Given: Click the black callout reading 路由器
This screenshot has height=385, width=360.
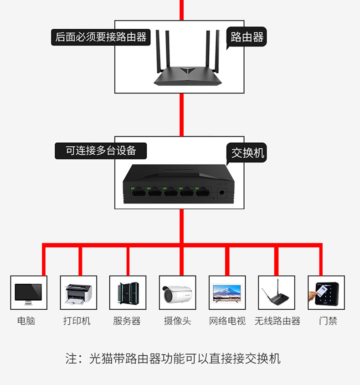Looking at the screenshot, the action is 246,37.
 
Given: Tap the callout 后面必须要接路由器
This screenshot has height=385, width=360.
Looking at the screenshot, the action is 101,37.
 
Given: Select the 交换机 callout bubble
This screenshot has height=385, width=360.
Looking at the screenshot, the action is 247,153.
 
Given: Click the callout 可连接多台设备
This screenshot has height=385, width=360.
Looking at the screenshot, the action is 101,151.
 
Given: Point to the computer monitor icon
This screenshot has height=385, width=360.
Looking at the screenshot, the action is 28,294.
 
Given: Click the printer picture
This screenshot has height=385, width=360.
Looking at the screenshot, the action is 78,294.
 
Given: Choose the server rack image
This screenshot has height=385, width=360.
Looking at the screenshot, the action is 128,293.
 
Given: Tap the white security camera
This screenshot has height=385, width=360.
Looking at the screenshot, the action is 178,294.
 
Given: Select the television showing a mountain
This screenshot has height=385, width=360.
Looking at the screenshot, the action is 227,293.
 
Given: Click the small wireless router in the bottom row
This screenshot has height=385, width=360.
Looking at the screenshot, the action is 276,293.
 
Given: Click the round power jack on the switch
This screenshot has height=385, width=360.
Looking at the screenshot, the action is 221,192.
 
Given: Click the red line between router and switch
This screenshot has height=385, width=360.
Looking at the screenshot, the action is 181,115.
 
